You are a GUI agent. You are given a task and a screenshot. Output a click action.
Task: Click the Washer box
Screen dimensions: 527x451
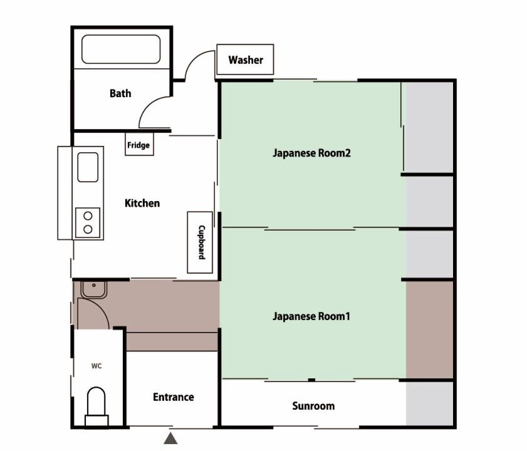click(x=245, y=59)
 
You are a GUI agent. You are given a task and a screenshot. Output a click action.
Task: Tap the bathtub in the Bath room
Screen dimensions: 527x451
click(x=121, y=49)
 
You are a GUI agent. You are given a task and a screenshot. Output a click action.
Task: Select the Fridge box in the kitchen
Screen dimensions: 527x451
click(x=139, y=144)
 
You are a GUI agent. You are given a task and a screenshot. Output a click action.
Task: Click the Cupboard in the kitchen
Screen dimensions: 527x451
click(x=200, y=242)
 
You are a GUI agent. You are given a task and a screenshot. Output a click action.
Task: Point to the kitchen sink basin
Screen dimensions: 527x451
click(x=88, y=167)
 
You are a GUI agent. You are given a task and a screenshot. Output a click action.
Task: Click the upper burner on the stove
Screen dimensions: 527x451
click(x=88, y=215)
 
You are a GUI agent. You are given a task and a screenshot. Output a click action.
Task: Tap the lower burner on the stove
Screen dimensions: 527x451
click(x=88, y=229)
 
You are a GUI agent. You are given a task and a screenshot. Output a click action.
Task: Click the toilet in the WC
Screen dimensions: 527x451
click(x=97, y=407)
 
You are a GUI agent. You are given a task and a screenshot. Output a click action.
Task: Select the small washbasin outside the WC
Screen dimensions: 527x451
click(x=94, y=289)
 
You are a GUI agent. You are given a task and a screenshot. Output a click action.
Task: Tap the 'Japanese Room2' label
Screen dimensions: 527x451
click(x=311, y=153)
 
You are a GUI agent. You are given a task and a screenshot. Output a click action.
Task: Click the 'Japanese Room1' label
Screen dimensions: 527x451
click(x=311, y=316)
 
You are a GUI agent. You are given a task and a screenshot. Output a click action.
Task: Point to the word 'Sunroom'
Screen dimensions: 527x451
click(x=313, y=406)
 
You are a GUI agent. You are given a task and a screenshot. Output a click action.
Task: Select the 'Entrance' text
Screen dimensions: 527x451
click(x=174, y=397)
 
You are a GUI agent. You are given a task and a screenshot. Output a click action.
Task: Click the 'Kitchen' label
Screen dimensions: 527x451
click(x=142, y=203)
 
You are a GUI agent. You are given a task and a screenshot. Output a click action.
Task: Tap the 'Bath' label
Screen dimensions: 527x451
click(x=120, y=93)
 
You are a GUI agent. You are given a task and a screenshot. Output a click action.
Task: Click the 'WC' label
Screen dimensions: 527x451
click(x=97, y=366)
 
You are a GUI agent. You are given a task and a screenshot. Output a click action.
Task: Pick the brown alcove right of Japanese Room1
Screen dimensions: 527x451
click(x=429, y=329)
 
